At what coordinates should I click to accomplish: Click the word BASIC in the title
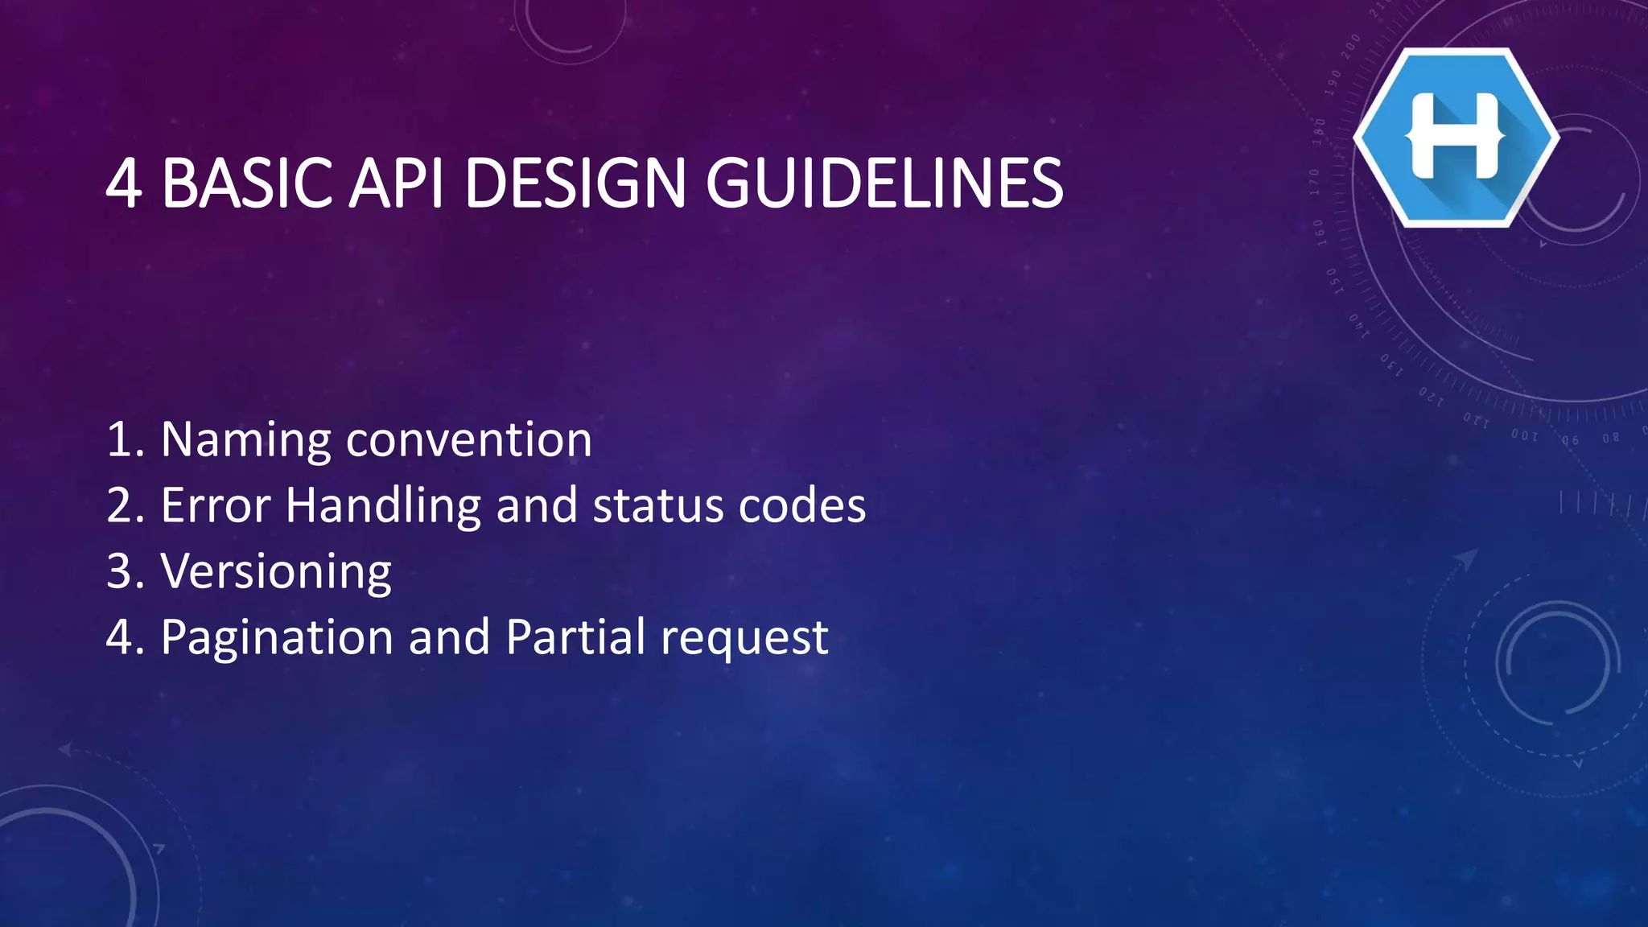pyautogui.click(x=247, y=183)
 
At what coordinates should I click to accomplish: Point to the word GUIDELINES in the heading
pyautogui.click(x=884, y=183)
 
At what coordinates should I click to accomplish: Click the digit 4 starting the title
pyautogui.click(x=124, y=183)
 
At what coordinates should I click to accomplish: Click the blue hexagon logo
pyautogui.click(x=1456, y=138)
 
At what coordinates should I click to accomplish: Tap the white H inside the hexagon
pyautogui.click(x=1456, y=136)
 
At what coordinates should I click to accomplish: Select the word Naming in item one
pyautogui.click(x=246, y=441)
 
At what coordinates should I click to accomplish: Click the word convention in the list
pyautogui.click(x=469, y=441)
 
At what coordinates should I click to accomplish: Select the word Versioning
pyautogui.click(x=276, y=573)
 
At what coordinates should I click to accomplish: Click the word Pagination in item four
pyautogui.click(x=277, y=639)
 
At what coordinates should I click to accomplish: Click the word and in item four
pyautogui.click(x=449, y=637)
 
